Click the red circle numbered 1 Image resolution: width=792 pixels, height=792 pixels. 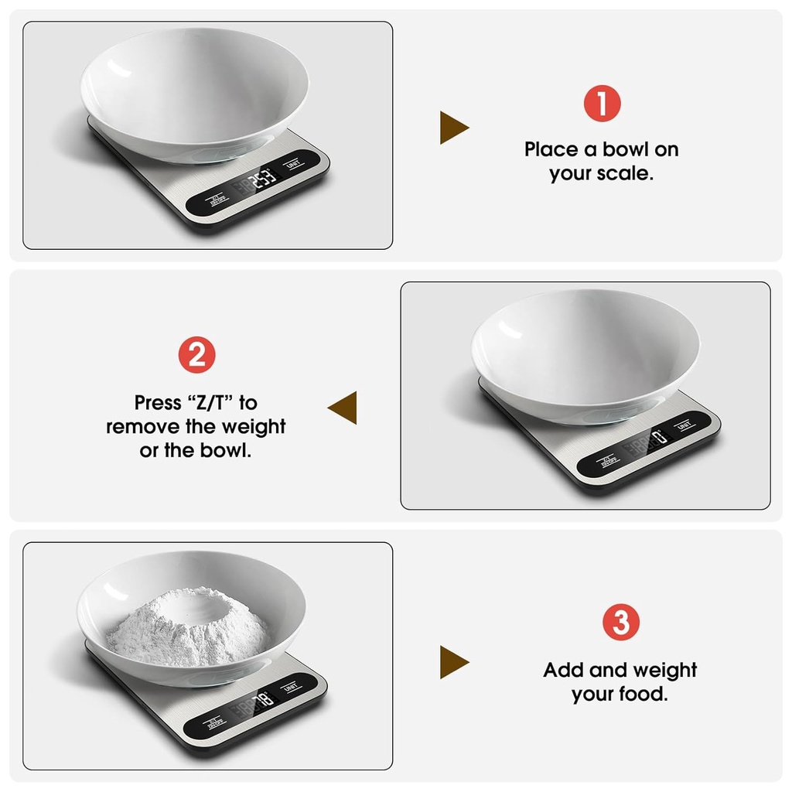click(x=602, y=104)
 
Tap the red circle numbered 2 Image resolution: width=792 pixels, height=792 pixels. click(x=196, y=356)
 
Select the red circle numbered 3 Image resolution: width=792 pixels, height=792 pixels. click(x=620, y=623)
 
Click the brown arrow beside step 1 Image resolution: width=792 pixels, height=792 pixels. click(x=454, y=128)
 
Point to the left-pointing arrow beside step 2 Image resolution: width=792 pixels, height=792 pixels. click(x=343, y=408)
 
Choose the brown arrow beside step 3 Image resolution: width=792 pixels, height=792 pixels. click(x=454, y=662)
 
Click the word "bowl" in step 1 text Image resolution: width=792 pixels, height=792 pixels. click(x=623, y=149)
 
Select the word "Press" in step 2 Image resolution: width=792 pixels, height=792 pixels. click(x=158, y=403)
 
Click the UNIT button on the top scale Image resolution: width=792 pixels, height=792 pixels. click(x=293, y=164)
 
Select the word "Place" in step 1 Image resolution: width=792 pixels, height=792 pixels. click(x=551, y=149)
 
